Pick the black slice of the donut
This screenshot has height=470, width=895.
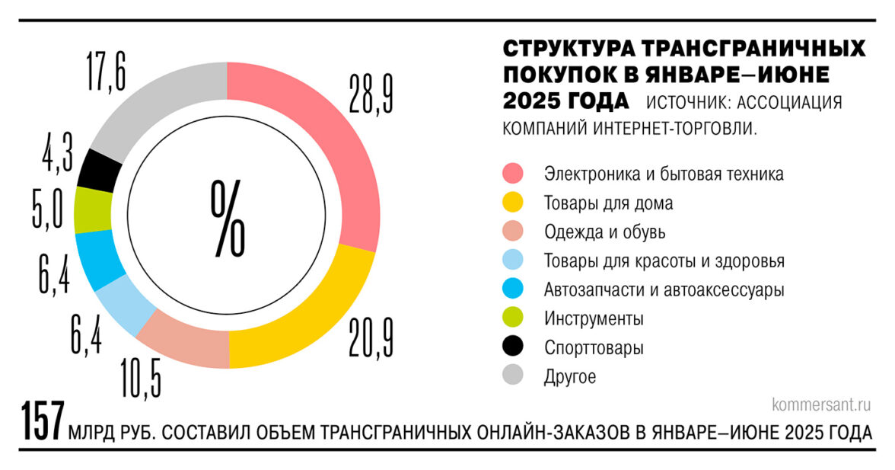pos(99,168)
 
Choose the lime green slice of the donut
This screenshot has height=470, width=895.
pos(91,209)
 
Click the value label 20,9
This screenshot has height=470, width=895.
pos(372,337)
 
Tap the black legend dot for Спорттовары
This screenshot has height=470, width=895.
pos(514,347)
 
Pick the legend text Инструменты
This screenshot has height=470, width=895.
pos(594,318)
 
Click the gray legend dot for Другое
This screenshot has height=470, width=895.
pos(514,376)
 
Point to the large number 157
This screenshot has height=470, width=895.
pos(42,423)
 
